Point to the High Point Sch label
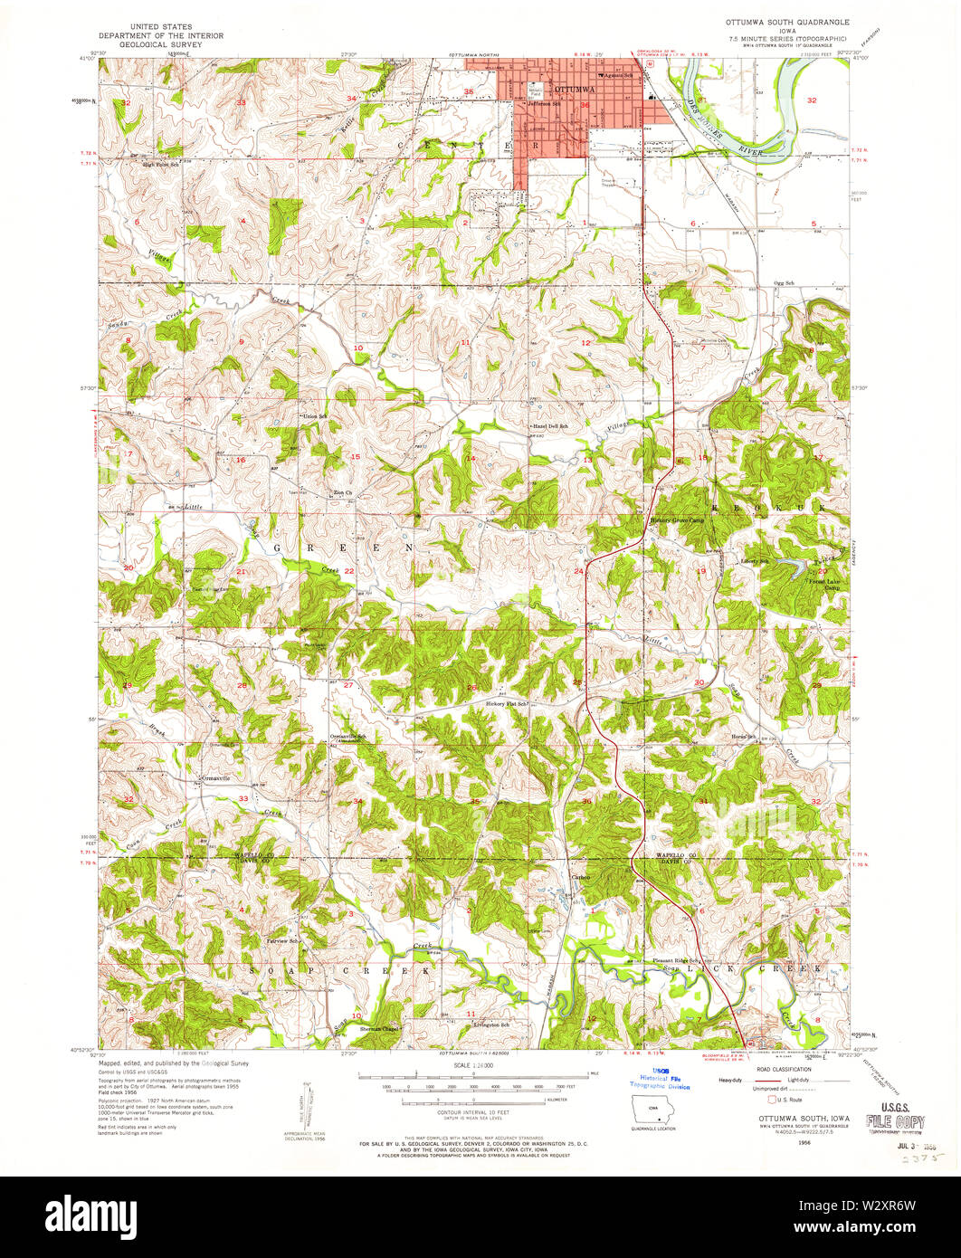(149, 165)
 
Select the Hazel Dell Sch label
(550, 425)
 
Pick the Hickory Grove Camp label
(677, 520)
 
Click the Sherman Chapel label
(379, 1029)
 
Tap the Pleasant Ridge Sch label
(677, 960)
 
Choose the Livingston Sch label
(488, 1024)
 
